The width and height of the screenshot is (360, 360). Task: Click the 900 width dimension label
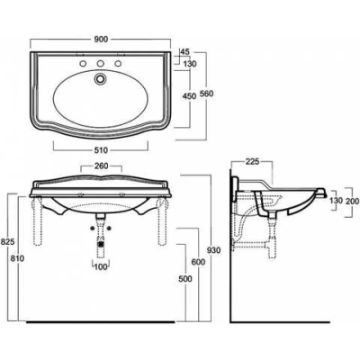101,40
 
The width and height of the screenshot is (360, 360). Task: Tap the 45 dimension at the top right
185,51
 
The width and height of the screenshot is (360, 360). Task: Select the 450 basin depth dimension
189,96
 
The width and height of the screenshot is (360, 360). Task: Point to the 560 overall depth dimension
207,94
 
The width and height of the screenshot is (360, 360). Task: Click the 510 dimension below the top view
101,150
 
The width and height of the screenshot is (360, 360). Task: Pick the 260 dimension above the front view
101,166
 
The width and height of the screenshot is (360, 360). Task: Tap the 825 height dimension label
7,242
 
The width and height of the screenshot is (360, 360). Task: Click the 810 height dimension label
17,258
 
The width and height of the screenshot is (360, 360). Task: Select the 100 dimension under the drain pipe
101,266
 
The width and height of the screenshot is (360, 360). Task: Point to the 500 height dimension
184,279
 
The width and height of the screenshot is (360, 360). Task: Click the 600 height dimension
198,262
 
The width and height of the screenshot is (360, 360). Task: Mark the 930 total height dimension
213,250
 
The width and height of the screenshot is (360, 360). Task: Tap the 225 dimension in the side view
252,162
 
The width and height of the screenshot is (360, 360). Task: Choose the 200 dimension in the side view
352,201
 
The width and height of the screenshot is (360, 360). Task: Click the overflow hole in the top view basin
100,78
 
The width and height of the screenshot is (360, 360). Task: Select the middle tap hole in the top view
100,64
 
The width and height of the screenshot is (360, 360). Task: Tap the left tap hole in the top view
82,64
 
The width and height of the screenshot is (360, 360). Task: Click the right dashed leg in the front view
162,221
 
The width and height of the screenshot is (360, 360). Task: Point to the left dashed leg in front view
38,221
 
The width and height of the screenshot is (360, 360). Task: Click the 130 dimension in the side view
336,201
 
